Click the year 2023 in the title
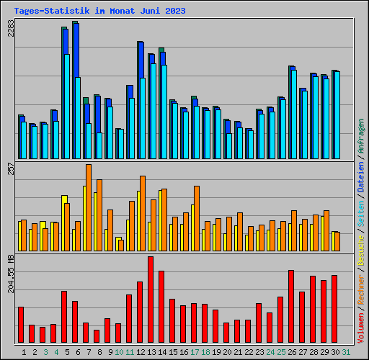(175, 11)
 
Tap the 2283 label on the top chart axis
(11, 28)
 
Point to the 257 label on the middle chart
(11, 168)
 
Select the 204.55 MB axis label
(11, 274)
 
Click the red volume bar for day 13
(151, 300)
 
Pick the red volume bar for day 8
(97, 336)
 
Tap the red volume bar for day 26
(291, 306)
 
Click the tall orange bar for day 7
(89, 207)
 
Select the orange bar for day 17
(197, 218)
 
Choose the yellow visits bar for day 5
(63, 223)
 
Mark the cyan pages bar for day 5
(67, 107)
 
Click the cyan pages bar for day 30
(337, 115)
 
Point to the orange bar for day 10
(121, 246)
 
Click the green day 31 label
(346, 352)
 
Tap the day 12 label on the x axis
(141, 352)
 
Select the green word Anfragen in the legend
(361, 136)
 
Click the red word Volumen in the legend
(361, 328)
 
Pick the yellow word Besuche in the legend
(361, 250)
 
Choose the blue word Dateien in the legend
(361, 177)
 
